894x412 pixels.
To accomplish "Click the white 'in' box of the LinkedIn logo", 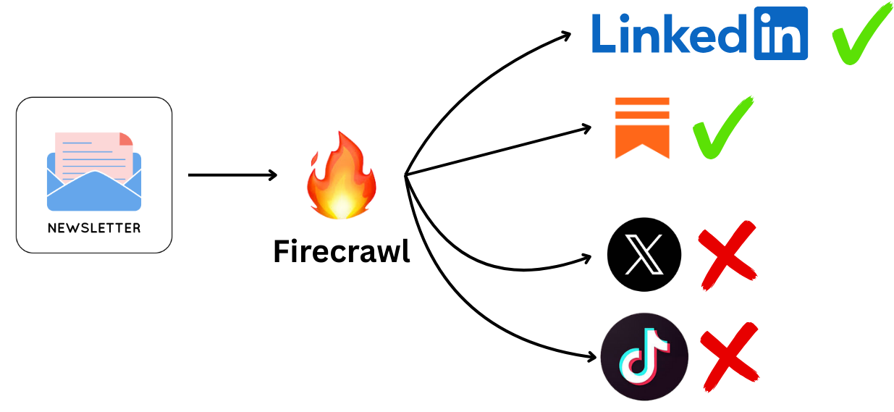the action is coord(780,33).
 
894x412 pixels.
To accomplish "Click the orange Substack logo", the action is coord(642,127).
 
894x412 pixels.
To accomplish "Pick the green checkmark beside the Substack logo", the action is coord(722,127).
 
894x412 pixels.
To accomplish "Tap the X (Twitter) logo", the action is coord(644,254).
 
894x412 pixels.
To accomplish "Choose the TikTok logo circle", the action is coord(644,356).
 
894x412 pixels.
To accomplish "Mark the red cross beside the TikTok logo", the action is coord(730,355).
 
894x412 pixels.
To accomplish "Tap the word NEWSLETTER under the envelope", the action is coord(94,228).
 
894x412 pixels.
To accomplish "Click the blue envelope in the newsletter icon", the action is coord(94,192).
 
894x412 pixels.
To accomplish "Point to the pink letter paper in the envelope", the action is coord(90,156).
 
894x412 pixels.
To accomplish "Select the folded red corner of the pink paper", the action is coord(126,138).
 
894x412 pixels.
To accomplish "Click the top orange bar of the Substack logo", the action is coord(642,101).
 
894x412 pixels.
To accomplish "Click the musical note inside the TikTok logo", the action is coord(644,356).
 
